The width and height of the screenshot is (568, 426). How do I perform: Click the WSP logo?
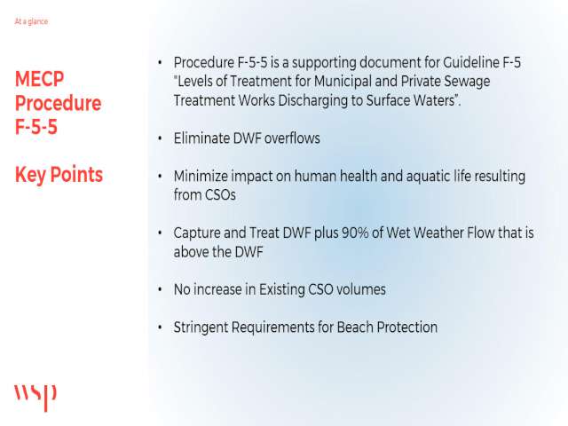35,398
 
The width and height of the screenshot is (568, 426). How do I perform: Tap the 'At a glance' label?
31,21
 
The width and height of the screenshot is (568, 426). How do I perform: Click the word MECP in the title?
39,79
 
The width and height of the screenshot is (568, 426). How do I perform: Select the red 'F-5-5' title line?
36,127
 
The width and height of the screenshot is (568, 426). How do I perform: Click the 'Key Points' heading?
59,175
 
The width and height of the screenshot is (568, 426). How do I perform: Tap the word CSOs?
220,195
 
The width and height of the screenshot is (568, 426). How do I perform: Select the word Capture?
197,233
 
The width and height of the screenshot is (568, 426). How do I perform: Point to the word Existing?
281,290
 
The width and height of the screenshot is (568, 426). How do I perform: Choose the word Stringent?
201,327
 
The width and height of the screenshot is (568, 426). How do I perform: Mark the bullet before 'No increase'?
160,289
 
